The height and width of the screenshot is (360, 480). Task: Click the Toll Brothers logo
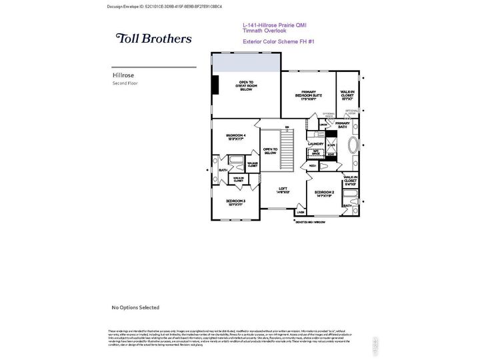[x=153, y=39]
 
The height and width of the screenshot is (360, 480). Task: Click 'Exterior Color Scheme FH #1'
[x=279, y=41]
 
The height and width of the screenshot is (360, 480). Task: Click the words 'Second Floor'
[x=125, y=83]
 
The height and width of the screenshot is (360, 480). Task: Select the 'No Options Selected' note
[x=135, y=307]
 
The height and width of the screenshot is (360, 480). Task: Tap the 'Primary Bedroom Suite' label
[x=307, y=95]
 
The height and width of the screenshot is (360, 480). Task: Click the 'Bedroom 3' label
[x=235, y=201]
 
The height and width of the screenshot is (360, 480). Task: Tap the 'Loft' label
[x=283, y=190]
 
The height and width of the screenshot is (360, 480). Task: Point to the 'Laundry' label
[x=315, y=144]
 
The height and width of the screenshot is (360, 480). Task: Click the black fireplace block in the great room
[x=215, y=85]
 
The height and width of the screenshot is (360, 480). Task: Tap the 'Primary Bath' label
[x=342, y=124]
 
